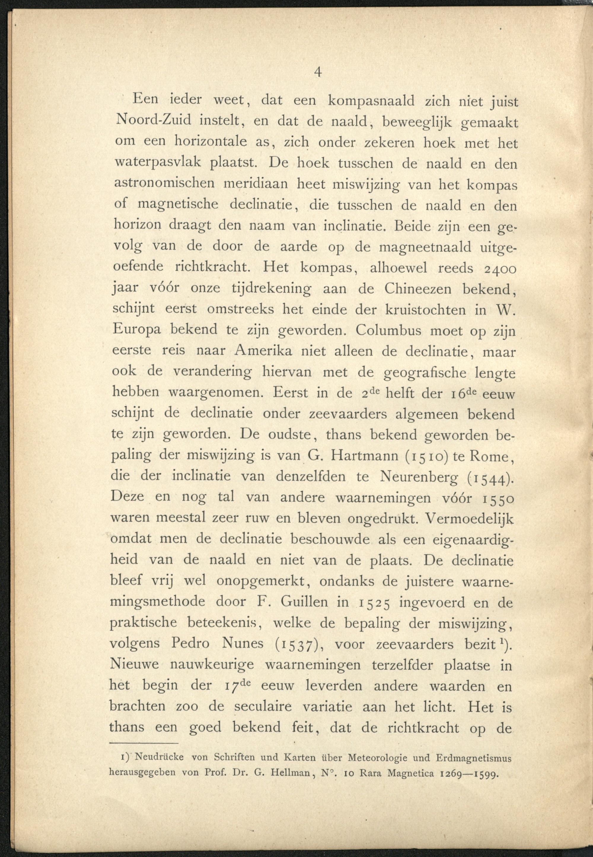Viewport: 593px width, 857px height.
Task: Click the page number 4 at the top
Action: (x=318, y=72)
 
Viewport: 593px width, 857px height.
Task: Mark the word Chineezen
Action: (x=418, y=289)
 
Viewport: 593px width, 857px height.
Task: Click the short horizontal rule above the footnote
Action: (x=144, y=744)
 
